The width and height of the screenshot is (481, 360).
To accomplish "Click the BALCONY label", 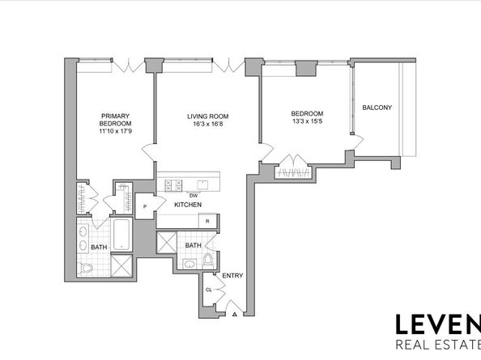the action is click(377, 108).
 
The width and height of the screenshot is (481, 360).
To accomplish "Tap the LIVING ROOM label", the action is click(207, 116).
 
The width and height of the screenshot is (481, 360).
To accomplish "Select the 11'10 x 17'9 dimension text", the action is click(115, 131).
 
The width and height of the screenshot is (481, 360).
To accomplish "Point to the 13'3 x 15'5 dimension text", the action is click(307, 121).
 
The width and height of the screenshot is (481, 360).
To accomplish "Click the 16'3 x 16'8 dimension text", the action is click(207, 124).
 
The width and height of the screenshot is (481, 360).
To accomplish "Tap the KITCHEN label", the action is click(188, 205).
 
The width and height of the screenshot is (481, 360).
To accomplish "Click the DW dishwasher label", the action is click(194, 196).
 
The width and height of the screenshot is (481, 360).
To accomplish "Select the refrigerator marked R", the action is click(207, 221).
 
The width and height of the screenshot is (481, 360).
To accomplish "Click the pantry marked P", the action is click(145, 206).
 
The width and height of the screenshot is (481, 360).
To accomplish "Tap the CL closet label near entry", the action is click(209, 290).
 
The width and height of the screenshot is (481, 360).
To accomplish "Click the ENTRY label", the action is click(232, 276).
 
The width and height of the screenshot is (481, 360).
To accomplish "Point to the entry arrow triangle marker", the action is click(235, 314).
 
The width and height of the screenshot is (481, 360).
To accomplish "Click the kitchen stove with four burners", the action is click(173, 185).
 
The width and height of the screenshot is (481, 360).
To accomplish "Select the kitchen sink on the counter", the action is click(202, 185).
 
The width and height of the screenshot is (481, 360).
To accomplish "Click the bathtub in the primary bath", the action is click(121, 235).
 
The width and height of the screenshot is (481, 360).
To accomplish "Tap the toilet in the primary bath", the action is click(87, 269).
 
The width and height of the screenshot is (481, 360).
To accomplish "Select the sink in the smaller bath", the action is click(190, 263).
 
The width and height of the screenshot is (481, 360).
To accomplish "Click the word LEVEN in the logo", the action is click(438, 324).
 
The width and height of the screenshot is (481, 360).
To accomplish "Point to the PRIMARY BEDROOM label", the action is click(115, 120).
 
